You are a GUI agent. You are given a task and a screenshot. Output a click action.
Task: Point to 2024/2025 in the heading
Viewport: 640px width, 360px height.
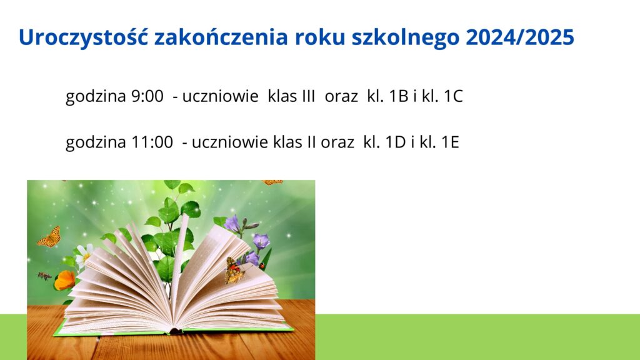[520, 37]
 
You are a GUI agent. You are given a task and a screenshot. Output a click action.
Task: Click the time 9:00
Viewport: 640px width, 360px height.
[147, 96]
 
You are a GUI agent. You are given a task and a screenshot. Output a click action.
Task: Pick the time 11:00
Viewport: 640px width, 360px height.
[152, 142]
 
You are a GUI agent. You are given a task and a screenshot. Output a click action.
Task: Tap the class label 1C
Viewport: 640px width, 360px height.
[453, 96]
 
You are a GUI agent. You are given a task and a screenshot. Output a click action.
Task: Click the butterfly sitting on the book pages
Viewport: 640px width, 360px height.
[234, 271]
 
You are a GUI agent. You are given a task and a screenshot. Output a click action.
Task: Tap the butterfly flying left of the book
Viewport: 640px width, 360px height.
[49, 237]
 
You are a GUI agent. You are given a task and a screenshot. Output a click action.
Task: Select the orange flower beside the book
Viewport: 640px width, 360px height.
[64, 281]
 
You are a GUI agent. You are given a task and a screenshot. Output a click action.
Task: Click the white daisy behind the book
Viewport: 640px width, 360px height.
[84, 255]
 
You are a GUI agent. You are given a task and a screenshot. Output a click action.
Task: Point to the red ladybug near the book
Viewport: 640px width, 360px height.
[262, 266]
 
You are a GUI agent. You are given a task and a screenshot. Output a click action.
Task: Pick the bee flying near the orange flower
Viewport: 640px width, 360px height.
[44, 276]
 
